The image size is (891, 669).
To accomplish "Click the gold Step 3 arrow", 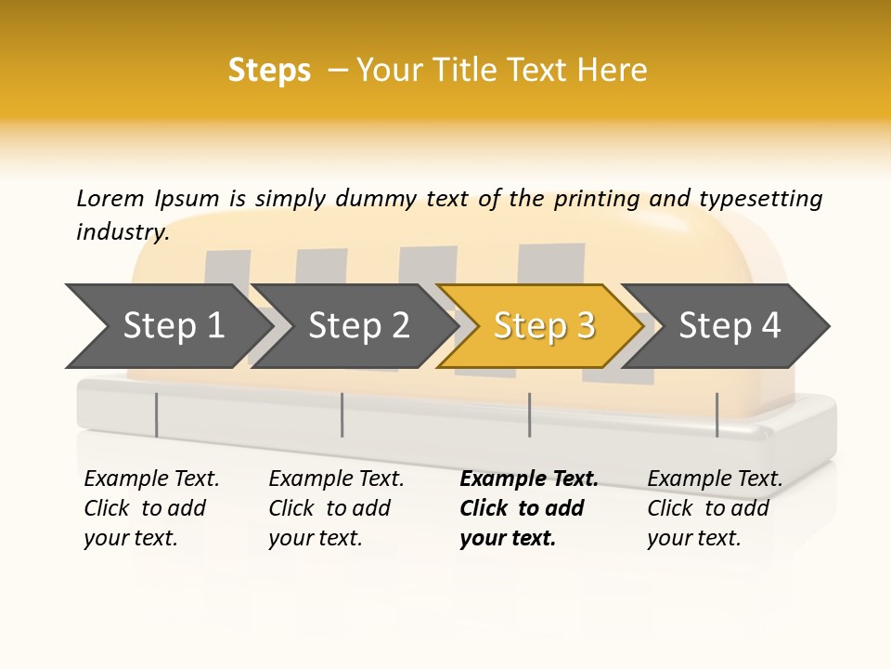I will click(x=543, y=326).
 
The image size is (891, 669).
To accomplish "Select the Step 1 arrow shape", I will click(x=173, y=326).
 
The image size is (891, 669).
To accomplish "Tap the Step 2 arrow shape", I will click(x=358, y=326).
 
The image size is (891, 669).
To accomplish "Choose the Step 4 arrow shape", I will click(x=729, y=326).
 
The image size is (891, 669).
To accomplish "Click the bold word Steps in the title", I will click(x=269, y=71).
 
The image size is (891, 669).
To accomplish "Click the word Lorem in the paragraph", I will click(x=110, y=198).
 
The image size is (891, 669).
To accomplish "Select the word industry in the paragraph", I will click(x=122, y=232).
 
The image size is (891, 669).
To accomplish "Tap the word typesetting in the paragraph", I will click(x=760, y=198).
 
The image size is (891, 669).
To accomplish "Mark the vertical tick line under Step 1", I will click(x=157, y=414).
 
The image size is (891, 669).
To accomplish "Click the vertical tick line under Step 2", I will click(x=342, y=414).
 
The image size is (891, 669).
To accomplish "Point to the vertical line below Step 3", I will click(x=529, y=414).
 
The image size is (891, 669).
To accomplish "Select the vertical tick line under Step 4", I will click(x=717, y=414).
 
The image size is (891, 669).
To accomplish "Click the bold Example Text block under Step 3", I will click(x=528, y=508).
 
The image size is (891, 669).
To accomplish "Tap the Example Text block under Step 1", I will click(x=151, y=508).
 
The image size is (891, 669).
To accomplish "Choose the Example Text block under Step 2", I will click(x=336, y=508).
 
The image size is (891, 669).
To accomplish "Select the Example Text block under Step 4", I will click(x=715, y=508).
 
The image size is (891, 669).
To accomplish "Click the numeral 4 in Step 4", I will click(x=770, y=326).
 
